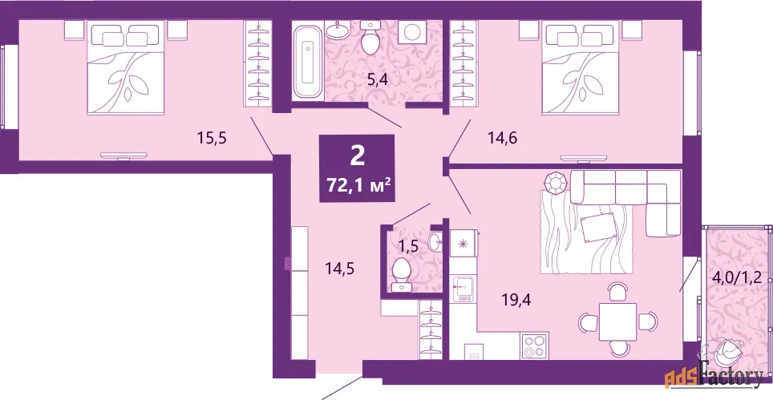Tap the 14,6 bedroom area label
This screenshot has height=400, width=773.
tap(502, 139)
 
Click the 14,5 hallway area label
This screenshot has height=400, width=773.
tap(340, 269)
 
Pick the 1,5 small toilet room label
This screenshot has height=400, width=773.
tap(409, 245)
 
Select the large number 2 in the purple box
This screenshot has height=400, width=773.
tap(358, 156)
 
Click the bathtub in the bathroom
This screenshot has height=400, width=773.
tap(308, 62)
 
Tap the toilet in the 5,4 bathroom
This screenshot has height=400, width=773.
tap(369, 37)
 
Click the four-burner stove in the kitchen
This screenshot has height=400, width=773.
tap(535, 345)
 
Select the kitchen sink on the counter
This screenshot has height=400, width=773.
tap(463, 289)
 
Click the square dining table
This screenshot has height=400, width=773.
tap(617, 321)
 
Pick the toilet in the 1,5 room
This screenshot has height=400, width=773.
tap(400, 274)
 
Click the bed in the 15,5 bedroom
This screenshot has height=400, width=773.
tap(125, 68)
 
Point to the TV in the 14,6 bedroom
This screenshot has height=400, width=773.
tap(584, 158)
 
